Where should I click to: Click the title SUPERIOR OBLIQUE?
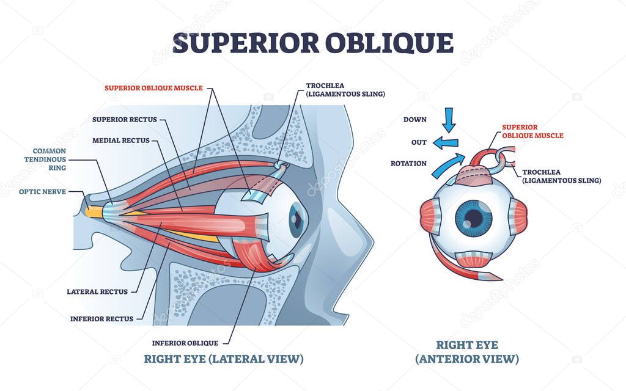312,43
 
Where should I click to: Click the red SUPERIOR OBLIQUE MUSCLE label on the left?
153,88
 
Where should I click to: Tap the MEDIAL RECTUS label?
120,141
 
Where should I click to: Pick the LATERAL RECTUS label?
97,292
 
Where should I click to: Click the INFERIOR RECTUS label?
101,318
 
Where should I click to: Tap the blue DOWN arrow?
449,120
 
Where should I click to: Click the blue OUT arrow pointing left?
445,143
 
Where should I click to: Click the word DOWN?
415,120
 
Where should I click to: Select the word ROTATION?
408,163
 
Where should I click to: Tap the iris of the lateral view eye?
296,221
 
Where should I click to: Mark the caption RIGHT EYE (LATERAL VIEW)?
223,359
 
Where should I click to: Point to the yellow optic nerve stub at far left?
95,211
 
